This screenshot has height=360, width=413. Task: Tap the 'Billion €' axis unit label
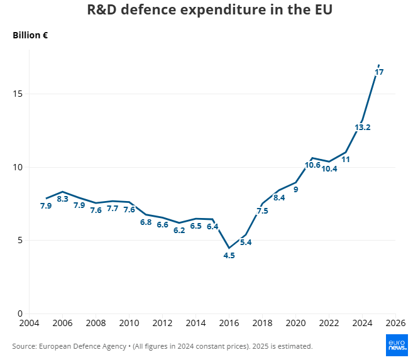(x=31, y=35)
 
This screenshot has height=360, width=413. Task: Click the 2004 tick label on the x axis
(x=29, y=323)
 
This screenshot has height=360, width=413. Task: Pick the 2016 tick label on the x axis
(x=229, y=323)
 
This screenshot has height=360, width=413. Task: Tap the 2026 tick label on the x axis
(x=395, y=323)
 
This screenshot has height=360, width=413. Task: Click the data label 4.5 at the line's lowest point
(x=229, y=255)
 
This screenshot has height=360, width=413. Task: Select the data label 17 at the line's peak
(x=379, y=72)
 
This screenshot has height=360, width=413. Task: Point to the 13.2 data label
(x=363, y=128)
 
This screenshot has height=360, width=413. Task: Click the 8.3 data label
(x=63, y=199)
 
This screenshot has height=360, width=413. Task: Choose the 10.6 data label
(x=312, y=165)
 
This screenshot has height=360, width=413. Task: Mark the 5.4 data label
(x=246, y=242)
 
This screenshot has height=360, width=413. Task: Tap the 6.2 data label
(x=179, y=230)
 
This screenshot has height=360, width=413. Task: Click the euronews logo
(x=396, y=344)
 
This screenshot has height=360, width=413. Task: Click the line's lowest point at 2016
(x=229, y=248)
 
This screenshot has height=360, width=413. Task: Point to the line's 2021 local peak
(x=312, y=158)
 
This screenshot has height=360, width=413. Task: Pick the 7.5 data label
(x=262, y=211)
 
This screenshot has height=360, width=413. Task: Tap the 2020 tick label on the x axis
(x=295, y=323)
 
